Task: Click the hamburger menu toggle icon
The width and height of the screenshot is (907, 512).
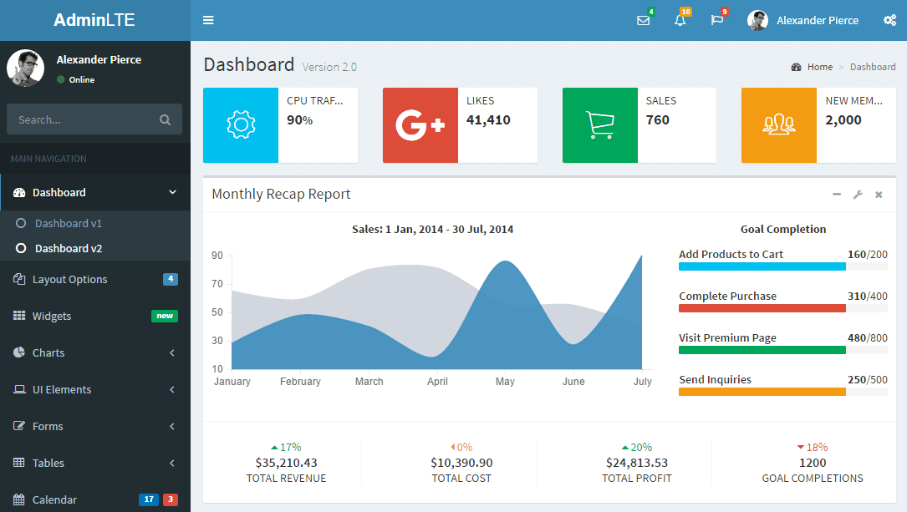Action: pos(208,20)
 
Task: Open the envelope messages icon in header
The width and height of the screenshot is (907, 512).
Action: pos(643,20)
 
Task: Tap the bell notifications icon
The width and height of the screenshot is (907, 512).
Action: pos(680,20)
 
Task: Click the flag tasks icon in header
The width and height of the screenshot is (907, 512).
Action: pos(716,20)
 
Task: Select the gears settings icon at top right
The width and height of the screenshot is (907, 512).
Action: pos(889,20)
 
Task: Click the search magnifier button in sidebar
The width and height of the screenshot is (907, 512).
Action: pos(165,119)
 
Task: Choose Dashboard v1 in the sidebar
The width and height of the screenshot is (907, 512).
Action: pos(68,223)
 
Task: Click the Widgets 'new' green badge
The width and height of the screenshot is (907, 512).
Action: pos(165,316)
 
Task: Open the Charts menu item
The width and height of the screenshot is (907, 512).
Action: pos(48,352)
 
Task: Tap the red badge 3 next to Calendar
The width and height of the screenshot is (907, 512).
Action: pos(170,499)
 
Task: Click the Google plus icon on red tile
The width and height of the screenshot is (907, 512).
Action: pos(420,125)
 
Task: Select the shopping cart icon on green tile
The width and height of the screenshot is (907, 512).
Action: pos(599,125)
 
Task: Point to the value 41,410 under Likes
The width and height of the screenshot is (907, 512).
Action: pos(488,119)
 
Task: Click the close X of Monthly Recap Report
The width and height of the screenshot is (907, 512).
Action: pos(879,195)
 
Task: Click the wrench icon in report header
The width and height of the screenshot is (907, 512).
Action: pos(857,195)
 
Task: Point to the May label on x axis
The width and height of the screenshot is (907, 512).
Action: pos(505,382)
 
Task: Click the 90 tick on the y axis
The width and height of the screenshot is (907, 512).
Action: pos(217,256)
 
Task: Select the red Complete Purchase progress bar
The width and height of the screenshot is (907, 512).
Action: pos(762,308)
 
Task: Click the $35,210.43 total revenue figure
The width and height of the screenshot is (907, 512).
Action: pos(286,463)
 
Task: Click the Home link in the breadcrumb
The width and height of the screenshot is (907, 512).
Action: pos(819,67)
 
